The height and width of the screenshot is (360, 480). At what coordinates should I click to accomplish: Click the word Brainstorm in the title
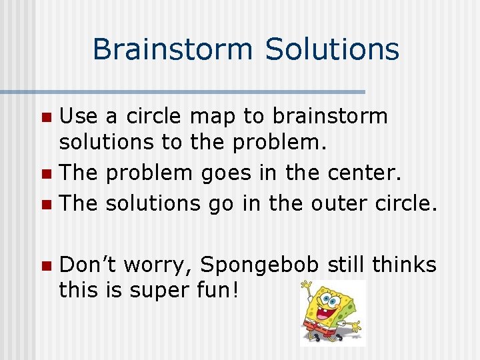[x=172, y=49]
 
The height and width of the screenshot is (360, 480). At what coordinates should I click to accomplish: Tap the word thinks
[x=404, y=265]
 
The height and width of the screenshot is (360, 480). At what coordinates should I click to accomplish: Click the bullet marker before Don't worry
[x=45, y=267]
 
